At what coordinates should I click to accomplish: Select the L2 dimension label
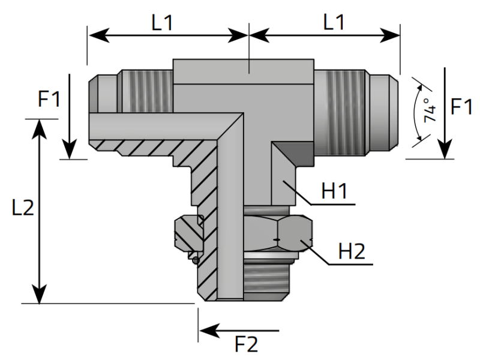[22, 208]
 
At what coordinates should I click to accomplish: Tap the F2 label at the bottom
[246, 344]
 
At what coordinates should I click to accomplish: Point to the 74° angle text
[430, 110]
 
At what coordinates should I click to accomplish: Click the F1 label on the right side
[462, 107]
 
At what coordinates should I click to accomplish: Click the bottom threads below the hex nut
[270, 279]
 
